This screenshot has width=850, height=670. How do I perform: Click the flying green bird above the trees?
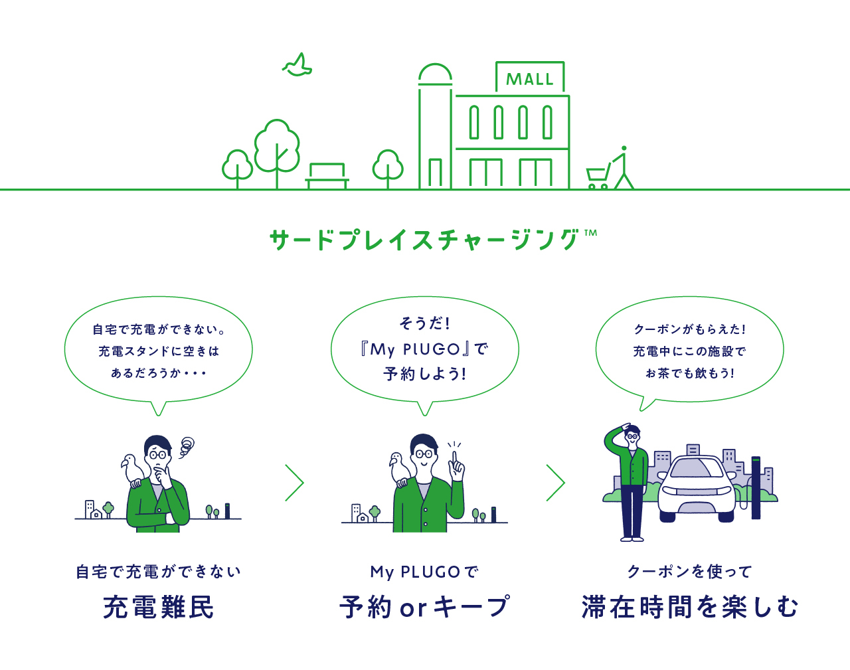pyautogui.click(x=298, y=65)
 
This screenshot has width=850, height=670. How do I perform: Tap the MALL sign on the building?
pyautogui.click(x=529, y=79)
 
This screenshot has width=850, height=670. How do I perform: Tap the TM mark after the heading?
pyautogui.click(x=590, y=233)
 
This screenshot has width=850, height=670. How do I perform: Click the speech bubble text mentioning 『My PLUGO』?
pyautogui.click(x=424, y=349)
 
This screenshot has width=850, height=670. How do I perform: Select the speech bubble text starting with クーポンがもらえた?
pyautogui.click(x=689, y=329)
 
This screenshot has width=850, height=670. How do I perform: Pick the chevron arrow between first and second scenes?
pyautogui.click(x=295, y=483)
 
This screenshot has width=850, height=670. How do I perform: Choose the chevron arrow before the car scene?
pyautogui.click(x=556, y=483)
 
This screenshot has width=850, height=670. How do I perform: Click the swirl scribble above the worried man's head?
pyautogui.click(x=187, y=445)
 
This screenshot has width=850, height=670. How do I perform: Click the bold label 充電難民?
pyautogui.click(x=159, y=607)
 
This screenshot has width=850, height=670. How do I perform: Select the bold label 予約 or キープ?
pyautogui.click(x=424, y=607)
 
